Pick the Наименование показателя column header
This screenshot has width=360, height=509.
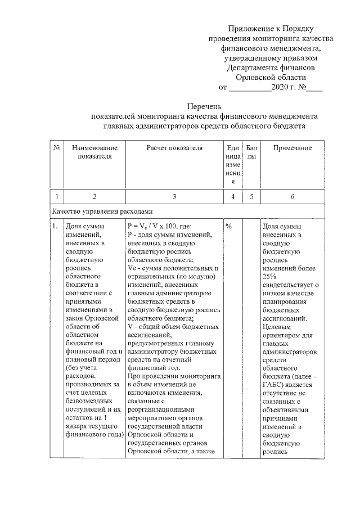pos(94,152)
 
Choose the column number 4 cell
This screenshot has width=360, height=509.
pos(233,196)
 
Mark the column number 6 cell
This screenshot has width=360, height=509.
pos(292,196)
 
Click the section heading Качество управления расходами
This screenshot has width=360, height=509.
pos(102,212)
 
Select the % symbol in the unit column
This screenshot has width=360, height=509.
pos(229,226)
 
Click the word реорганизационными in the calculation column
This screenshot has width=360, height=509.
pos(161,410)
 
